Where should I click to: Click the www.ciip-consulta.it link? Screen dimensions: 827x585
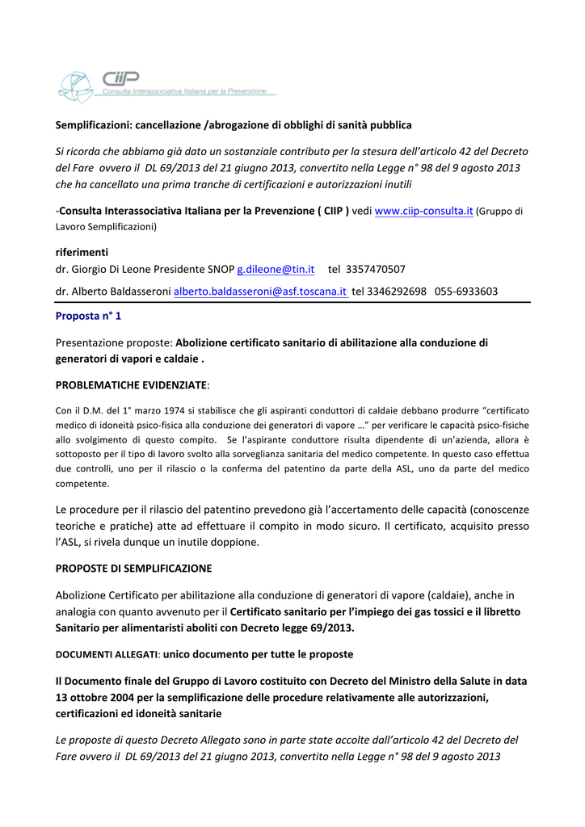click(x=423, y=211)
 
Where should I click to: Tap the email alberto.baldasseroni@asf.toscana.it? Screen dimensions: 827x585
click(x=260, y=292)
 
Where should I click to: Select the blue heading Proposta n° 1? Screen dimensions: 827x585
click(x=88, y=316)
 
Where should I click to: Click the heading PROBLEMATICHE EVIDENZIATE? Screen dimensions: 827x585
click(x=132, y=385)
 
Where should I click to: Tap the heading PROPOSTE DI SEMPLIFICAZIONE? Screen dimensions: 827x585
click(x=133, y=569)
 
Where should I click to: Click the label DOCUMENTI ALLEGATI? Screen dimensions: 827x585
click(x=106, y=653)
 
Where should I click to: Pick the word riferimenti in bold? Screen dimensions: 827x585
click(x=82, y=252)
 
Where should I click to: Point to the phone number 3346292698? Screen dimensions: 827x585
click(x=396, y=292)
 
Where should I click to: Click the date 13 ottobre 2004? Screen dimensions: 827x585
click(x=101, y=698)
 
